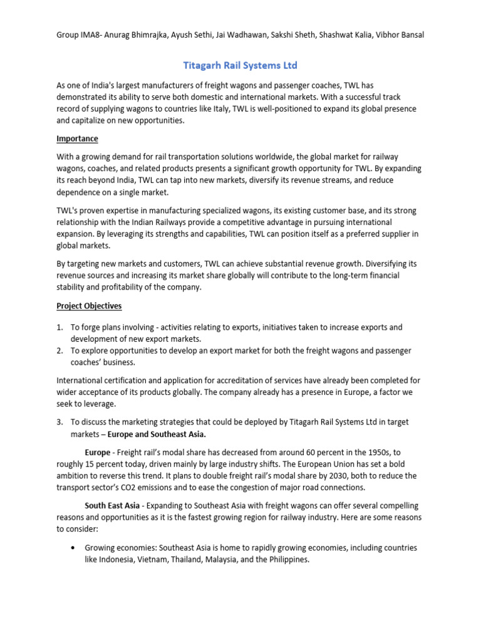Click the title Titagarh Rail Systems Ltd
coord(240,65)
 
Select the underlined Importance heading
coord(77,139)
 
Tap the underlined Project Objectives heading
coord(89,306)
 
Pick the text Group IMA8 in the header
coord(81,35)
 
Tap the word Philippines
coord(288,559)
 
